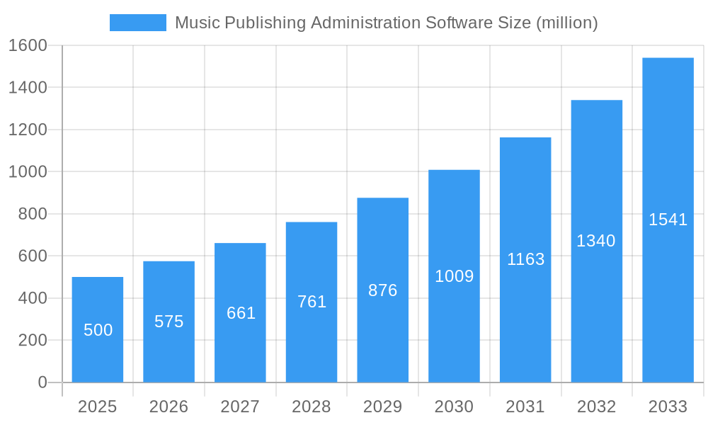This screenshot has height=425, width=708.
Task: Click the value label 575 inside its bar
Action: [x=169, y=322]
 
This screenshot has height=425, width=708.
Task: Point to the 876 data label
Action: [x=383, y=290]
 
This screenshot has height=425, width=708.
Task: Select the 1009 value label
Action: [x=454, y=276]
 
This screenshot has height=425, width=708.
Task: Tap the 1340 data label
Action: [x=596, y=241]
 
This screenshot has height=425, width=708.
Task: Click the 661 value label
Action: [x=241, y=313]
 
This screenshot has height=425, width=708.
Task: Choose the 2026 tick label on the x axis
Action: [x=169, y=407]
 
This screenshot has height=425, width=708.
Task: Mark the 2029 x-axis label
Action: [x=383, y=407]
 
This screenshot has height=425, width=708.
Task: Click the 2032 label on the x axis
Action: [x=596, y=407]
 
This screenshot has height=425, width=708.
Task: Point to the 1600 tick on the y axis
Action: [x=28, y=45]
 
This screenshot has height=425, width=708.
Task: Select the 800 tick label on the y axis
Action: [x=33, y=214]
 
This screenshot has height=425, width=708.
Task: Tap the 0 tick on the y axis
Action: [x=42, y=382]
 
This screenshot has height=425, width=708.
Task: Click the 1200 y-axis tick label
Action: [x=28, y=130]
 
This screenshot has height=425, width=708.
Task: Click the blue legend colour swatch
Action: [x=138, y=23]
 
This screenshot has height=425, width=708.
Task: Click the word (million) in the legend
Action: [x=567, y=23]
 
